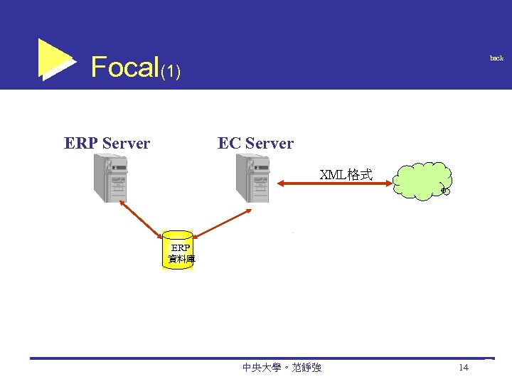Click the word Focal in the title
click(124, 68)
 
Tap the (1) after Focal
click(171, 71)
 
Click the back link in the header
click(496, 58)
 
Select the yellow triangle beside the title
click(54, 58)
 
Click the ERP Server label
click(107, 144)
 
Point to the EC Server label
click(255, 144)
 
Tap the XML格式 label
click(346, 174)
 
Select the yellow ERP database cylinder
click(178, 250)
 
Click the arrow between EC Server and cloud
click(334, 185)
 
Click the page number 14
click(464, 368)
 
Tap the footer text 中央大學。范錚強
click(282, 368)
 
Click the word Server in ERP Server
click(126, 144)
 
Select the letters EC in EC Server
click(229, 144)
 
